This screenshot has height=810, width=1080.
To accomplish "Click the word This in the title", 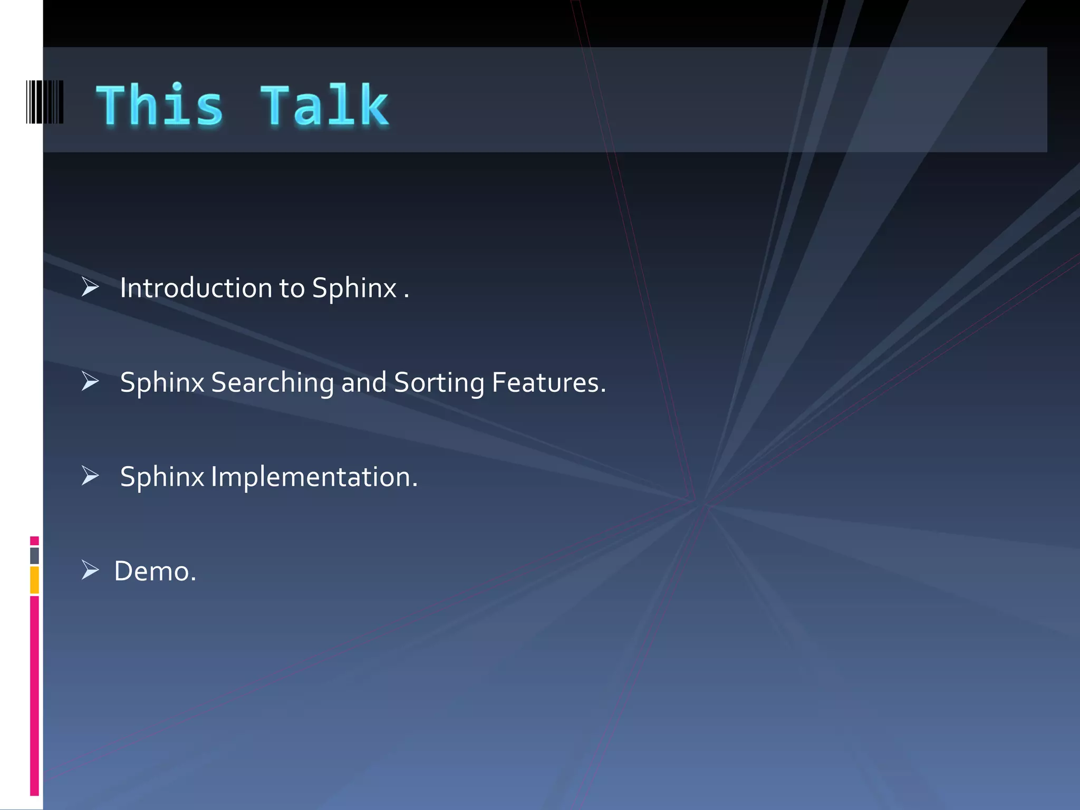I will pos(159,105).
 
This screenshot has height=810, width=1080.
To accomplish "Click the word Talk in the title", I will pos(324,105).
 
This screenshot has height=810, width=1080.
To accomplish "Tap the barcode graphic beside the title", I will pos(45,102).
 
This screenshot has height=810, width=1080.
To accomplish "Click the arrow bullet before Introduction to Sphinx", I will pos(90,287).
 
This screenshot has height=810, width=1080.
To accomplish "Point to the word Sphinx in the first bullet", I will pos(354,289).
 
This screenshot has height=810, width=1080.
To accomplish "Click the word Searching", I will pos(272,383).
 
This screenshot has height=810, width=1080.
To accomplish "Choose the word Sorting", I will pos(439,383).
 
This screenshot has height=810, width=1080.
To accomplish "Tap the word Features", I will pos(548,382).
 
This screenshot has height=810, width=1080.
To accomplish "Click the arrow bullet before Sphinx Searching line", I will pos(90,381).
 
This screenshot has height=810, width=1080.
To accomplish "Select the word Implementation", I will pos(314,477).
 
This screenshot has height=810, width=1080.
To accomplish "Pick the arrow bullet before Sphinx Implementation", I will pos(90,476).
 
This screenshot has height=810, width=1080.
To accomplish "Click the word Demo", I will pos(155,571).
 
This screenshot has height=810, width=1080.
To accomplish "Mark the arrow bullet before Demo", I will pos(90,570).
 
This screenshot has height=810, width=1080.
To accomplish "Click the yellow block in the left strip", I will pos(34,580).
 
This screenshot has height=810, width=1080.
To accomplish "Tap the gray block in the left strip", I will pos(34,556).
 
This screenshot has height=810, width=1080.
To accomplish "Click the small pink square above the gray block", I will pos(34,541).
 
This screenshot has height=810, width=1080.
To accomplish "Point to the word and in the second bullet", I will pos(363,382).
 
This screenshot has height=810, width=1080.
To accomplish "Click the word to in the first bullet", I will pos(292,288).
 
